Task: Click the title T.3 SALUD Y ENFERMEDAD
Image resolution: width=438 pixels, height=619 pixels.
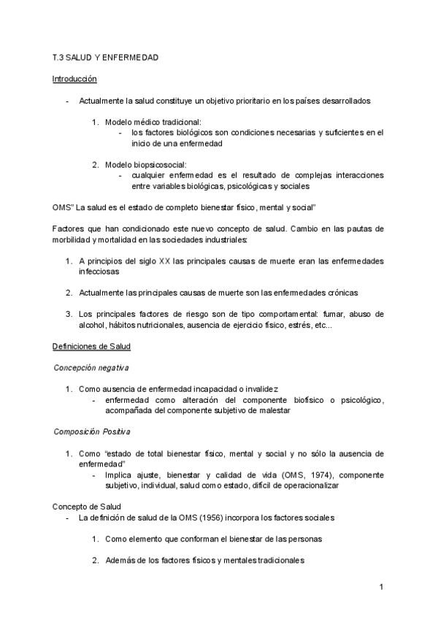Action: (106, 56)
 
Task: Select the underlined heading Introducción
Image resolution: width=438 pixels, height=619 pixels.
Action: (75, 78)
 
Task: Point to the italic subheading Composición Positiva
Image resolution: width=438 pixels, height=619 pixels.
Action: (91, 431)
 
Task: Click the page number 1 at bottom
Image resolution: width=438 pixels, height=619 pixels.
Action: (381, 586)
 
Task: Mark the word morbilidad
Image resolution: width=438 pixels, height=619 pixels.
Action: (76, 239)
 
